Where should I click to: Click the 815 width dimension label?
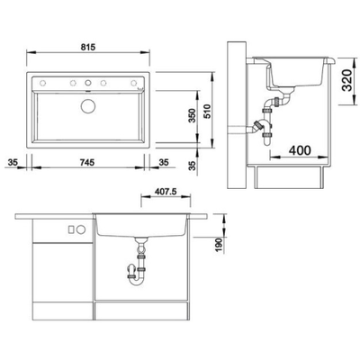(88, 47)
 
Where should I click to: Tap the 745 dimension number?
(87, 163)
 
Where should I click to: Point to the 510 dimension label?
(207, 112)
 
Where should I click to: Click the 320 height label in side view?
(347, 80)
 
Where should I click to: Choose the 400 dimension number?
(300, 150)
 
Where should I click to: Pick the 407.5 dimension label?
(166, 192)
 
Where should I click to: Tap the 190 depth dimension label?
(220, 246)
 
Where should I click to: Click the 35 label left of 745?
(13, 163)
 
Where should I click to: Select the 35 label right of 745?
(164, 163)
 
